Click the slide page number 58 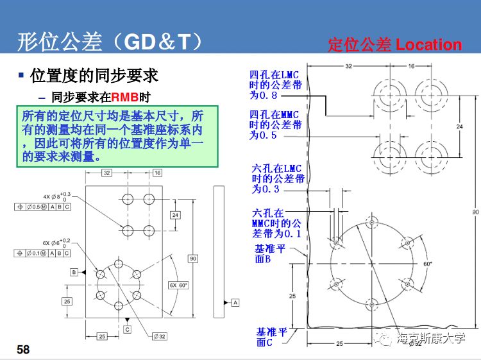(x=23, y=350)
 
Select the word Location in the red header (x=428, y=45)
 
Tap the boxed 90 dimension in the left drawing (x=193, y=258)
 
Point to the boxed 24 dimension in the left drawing (x=174, y=214)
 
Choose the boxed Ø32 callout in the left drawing (x=159, y=336)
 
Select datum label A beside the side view (x=235, y=302)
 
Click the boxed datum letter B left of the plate (x=74, y=273)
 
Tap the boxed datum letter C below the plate (x=128, y=329)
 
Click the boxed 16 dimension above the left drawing (x=157, y=173)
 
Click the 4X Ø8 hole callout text (x=56, y=196)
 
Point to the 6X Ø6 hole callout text (x=56, y=243)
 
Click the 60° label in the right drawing (x=428, y=264)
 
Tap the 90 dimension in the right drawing (x=475, y=212)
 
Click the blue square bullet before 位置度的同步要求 (x=21, y=75)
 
